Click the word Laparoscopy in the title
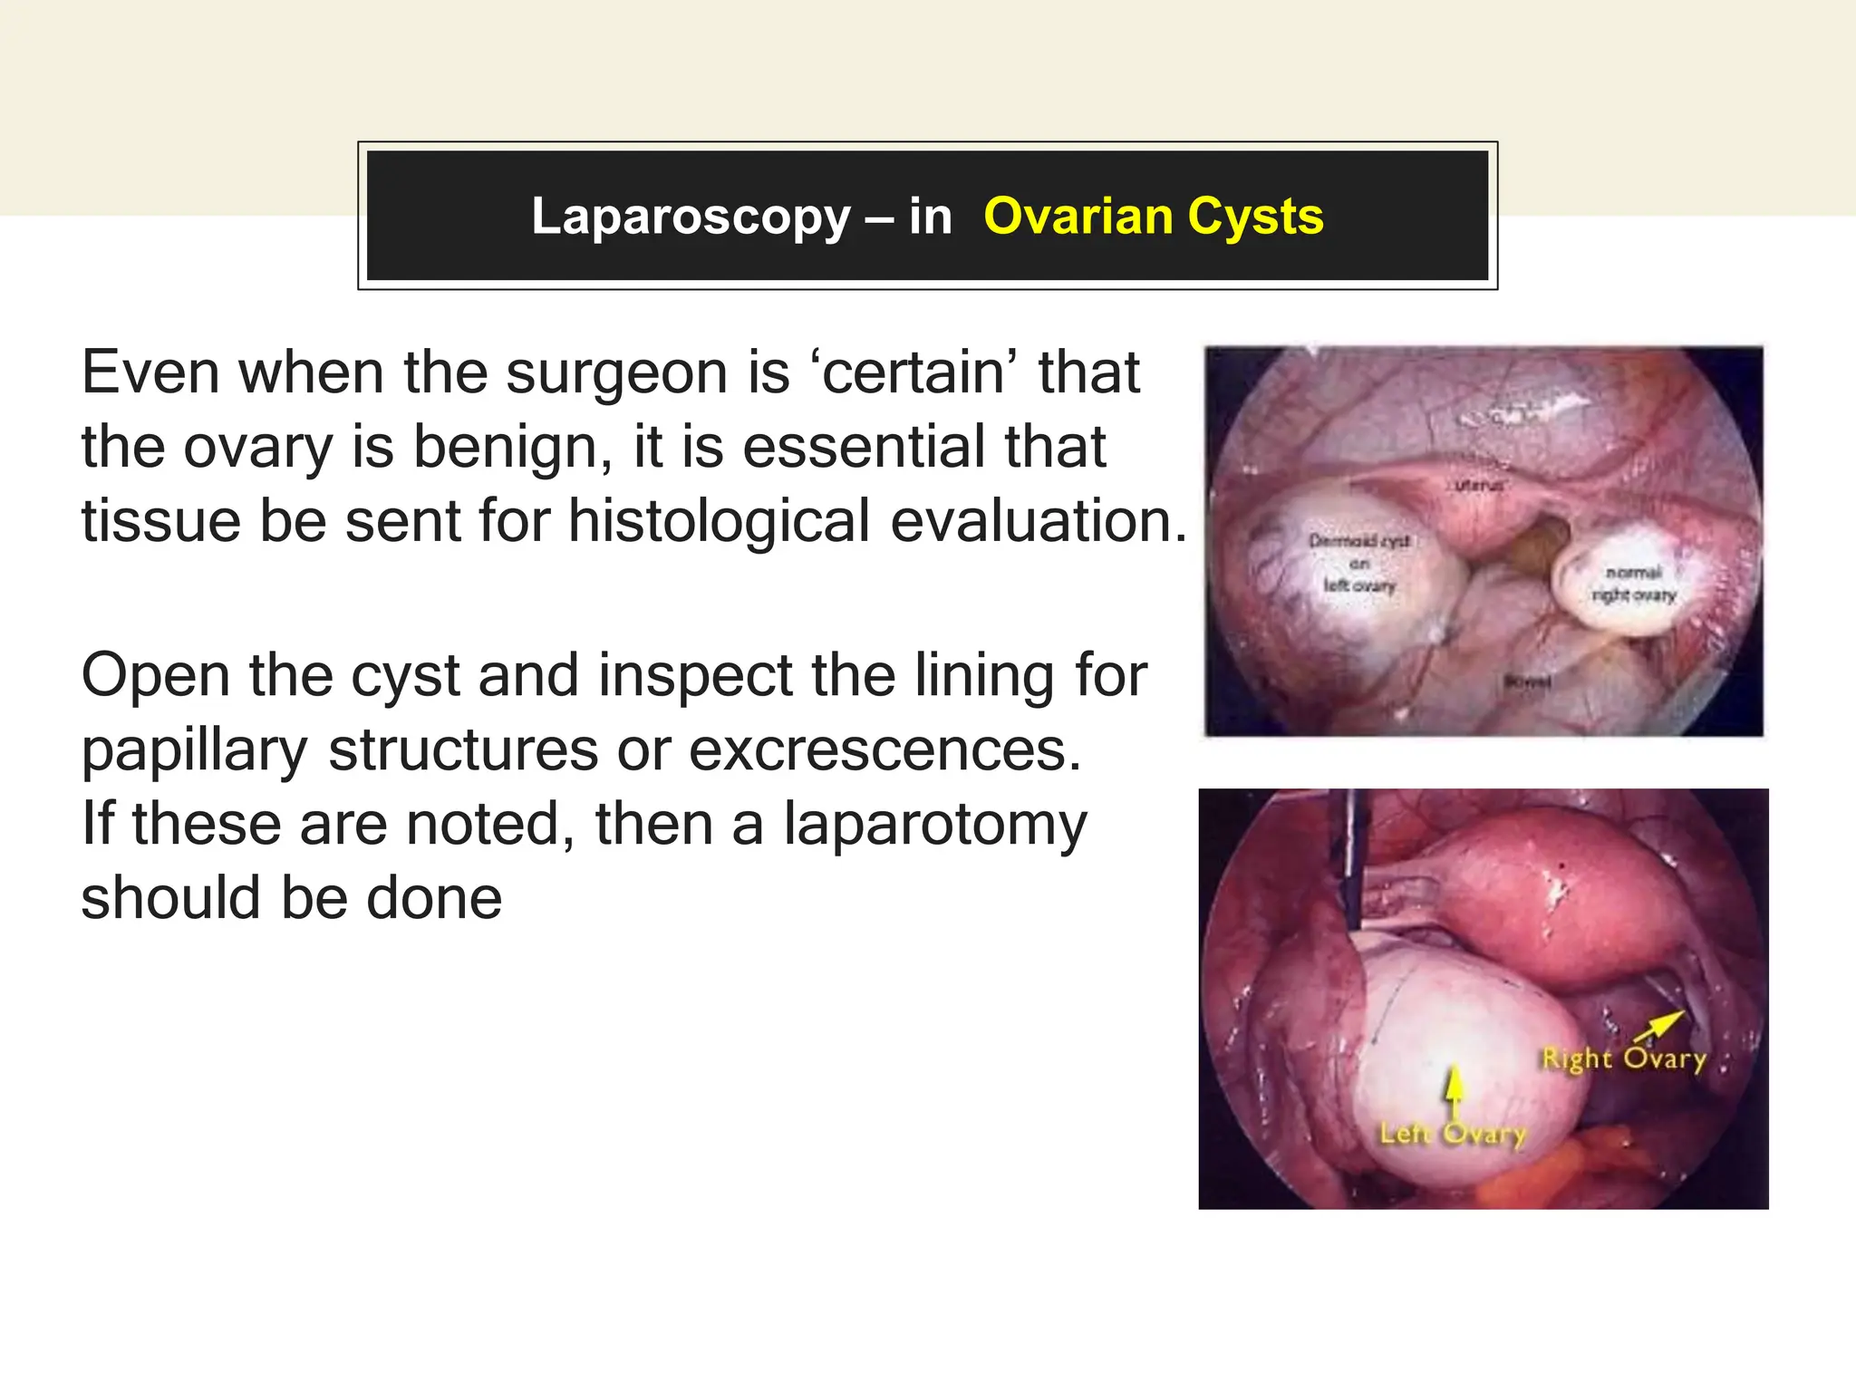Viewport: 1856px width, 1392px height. click(691, 217)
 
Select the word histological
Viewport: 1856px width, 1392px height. click(720, 522)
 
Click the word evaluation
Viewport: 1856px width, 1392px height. click(1039, 522)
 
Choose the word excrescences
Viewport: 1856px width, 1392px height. click(885, 750)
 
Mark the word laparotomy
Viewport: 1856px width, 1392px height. click(934, 826)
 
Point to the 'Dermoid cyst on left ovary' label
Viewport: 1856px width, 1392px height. click(1359, 563)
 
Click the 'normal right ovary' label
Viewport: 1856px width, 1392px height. click(1634, 584)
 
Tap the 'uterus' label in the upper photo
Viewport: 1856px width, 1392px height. click(1478, 486)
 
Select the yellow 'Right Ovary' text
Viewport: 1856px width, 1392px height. click(1624, 1058)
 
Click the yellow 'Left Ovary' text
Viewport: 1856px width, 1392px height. click(1453, 1133)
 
